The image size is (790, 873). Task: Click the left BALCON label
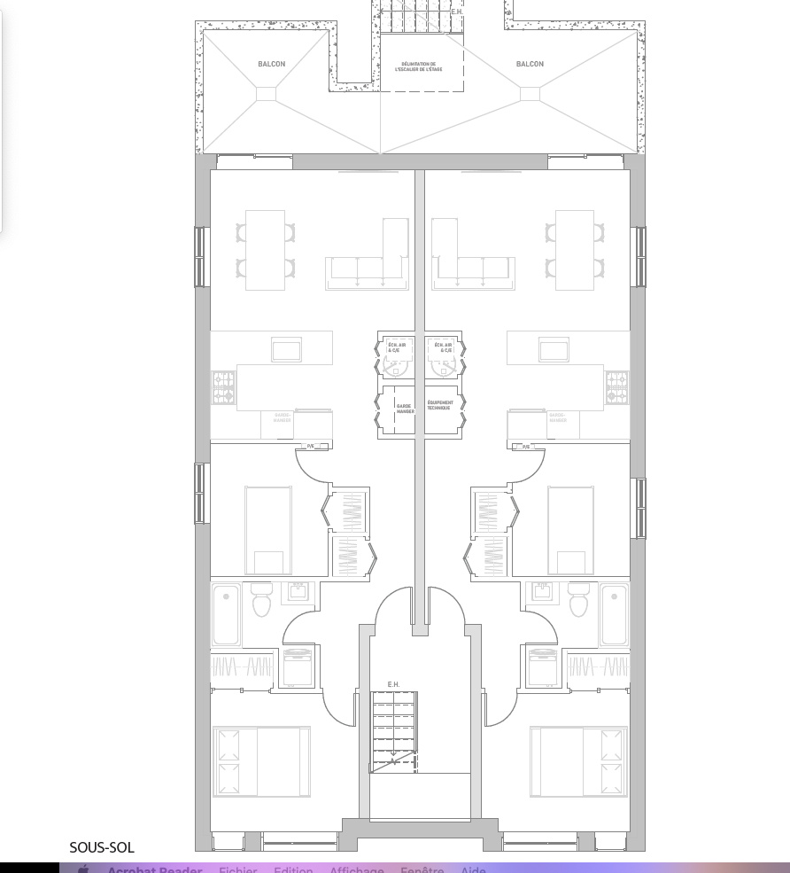coord(272,64)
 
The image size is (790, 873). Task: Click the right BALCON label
coord(530,64)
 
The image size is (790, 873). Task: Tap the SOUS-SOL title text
coord(102,848)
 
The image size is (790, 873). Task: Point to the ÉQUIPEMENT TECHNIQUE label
coord(439,405)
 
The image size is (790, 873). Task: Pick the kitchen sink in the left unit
coord(286,349)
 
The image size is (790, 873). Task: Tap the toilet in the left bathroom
coord(261,600)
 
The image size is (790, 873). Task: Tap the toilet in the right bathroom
coord(579,600)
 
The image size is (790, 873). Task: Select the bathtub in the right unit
coord(614,614)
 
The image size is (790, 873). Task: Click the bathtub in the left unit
coord(226,614)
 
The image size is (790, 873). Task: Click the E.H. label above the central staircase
coord(393,684)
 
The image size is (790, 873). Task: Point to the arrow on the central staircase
coord(392,760)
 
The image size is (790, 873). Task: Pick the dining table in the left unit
coord(265,250)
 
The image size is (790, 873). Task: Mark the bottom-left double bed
coord(261,761)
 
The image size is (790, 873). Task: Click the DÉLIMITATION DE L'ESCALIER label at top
coord(421,66)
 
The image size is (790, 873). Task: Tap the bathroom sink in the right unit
coord(539,588)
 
